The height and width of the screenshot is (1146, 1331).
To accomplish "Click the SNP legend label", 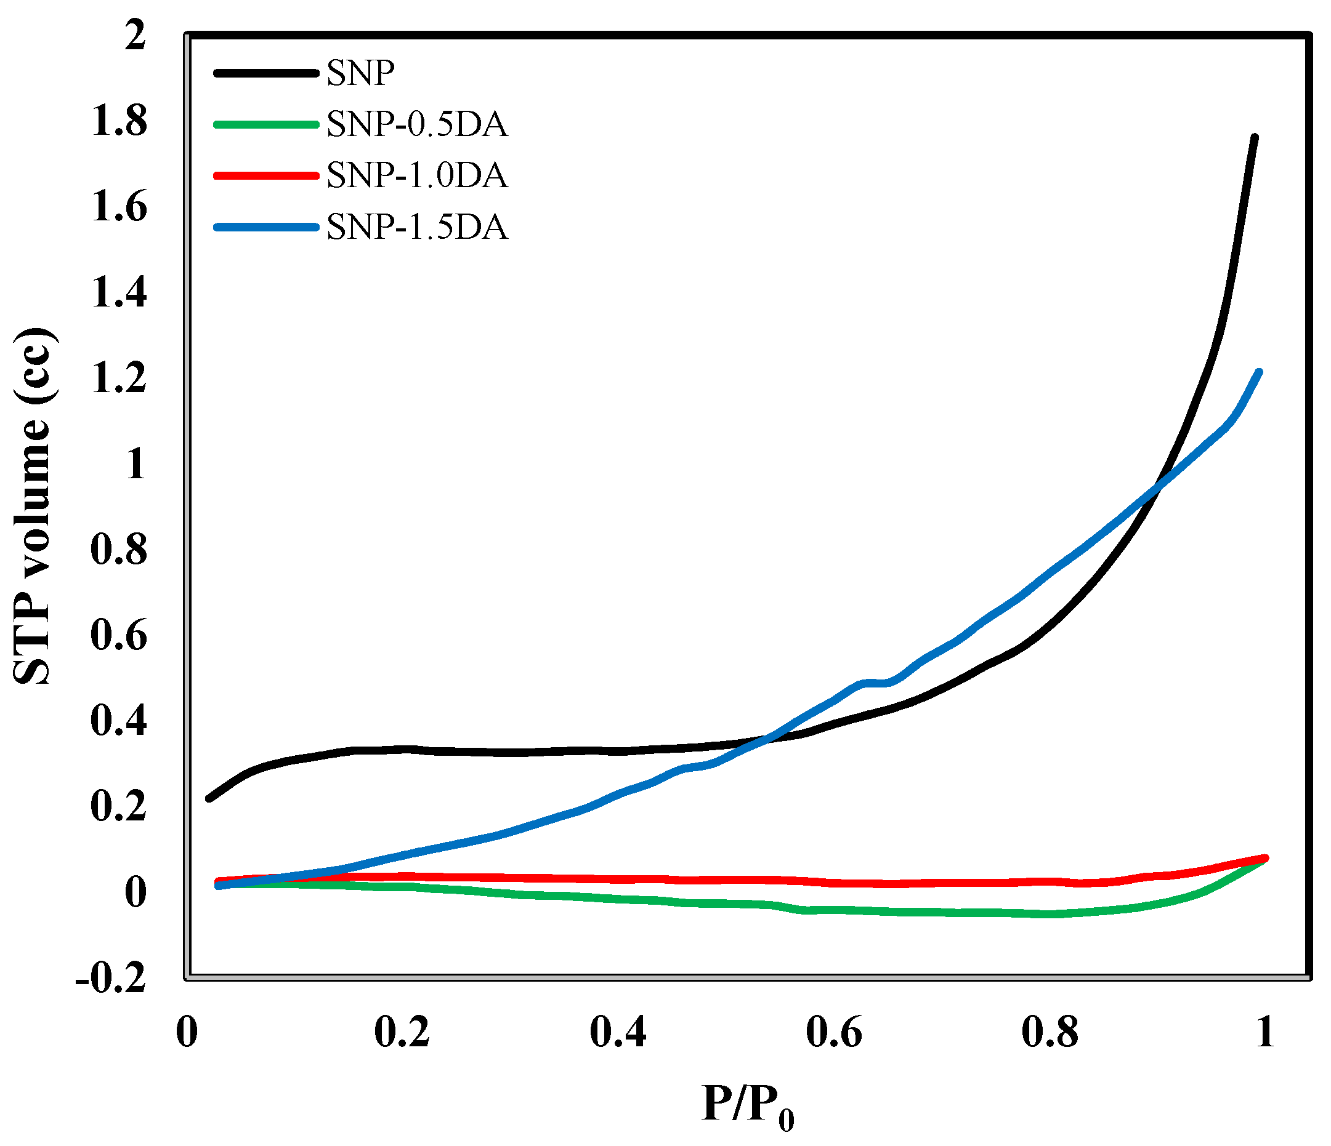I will pos(360,73).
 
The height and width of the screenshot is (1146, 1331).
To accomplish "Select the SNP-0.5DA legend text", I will pos(417,124).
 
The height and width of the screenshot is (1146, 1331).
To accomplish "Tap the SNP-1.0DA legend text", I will pos(417,175).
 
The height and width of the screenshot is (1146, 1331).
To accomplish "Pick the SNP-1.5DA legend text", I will pos(417,226).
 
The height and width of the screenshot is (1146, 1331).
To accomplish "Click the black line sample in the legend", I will pos(266,73).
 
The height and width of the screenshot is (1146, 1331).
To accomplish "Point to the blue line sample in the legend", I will pos(266,226).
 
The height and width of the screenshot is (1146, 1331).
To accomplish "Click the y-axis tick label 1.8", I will pos(119,121).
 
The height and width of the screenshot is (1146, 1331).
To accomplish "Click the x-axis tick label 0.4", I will pos(618,1032).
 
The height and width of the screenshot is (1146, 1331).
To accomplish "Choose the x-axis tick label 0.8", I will pos(1050,1032).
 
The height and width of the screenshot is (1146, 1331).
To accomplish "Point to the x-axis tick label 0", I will pos(187,1032).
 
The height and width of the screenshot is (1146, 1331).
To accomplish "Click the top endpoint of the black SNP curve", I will pos(1254,137).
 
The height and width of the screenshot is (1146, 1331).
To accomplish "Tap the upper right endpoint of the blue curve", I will pos(1259,372).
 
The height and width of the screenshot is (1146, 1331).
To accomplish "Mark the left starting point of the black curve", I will pos(209,799).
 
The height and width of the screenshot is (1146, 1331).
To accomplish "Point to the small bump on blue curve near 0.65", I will pos(877,683).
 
